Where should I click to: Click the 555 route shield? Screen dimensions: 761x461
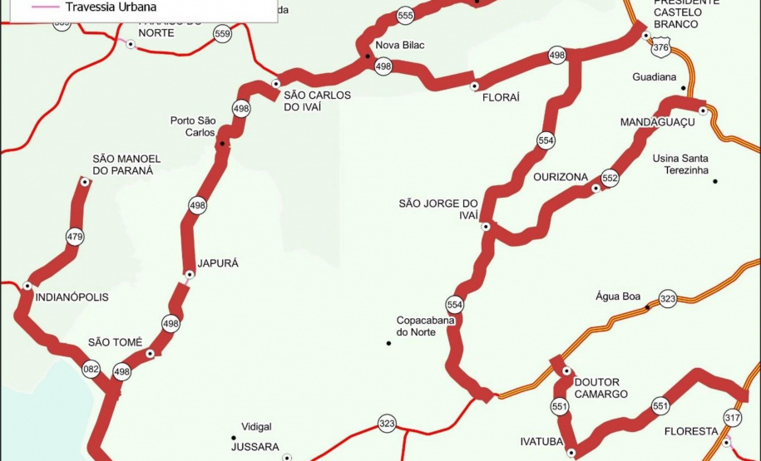pos(405,16)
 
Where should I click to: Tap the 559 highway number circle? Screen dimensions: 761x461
pos(221,34)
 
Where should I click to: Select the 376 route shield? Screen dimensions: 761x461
pos(660,48)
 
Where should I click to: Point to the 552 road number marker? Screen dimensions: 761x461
pos(610,178)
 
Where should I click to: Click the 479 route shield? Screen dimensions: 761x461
pos(75,238)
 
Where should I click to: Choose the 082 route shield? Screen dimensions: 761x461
pos(91,368)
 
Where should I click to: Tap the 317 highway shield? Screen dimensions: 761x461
pos(733,418)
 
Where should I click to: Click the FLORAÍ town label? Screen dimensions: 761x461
pos(501,97)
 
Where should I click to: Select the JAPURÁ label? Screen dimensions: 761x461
pos(218,263)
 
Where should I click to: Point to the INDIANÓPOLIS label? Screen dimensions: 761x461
pos(72,297)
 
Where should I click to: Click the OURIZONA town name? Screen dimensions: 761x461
pos(561,177)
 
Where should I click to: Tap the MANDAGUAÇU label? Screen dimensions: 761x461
pos(657,122)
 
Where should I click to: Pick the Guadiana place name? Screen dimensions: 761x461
pos(655,78)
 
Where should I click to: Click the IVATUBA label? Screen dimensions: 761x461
pos(542,441)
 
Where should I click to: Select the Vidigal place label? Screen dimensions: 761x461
pos(256,427)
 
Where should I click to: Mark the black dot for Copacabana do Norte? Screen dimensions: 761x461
pos(388,343)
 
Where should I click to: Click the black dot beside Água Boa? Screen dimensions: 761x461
pos(647,307)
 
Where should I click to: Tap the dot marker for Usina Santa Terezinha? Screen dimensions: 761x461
pos(714,182)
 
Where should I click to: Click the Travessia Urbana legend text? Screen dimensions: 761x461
pos(111,7)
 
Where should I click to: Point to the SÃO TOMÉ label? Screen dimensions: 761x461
pos(116,342)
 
